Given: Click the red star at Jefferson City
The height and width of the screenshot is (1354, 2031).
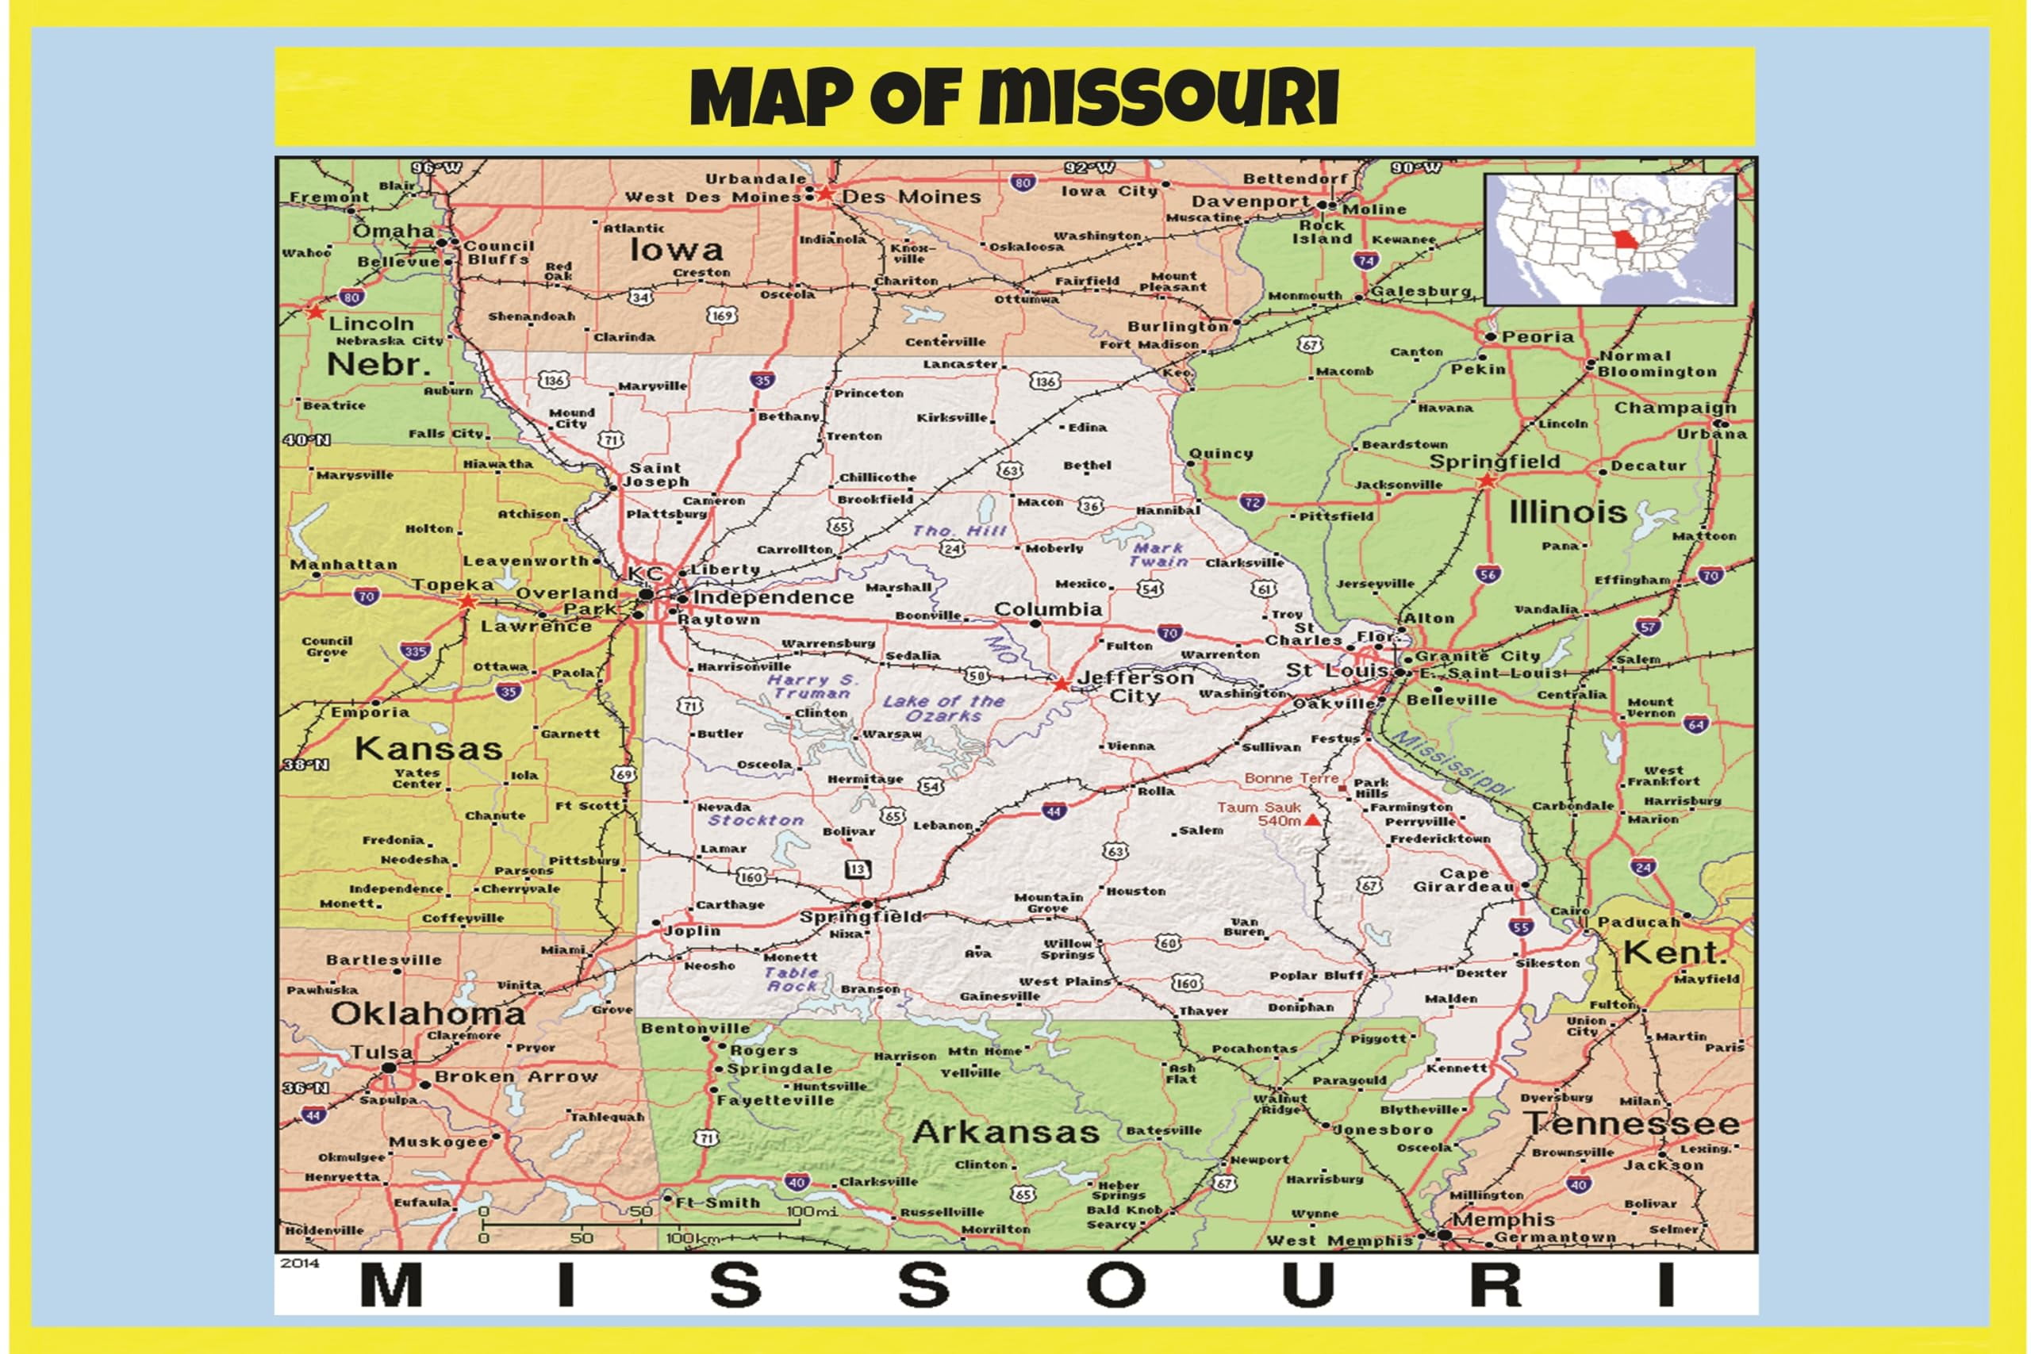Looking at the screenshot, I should [x=1062, y=684].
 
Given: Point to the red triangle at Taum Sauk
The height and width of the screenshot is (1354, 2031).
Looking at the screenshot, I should [x=1311, y=819].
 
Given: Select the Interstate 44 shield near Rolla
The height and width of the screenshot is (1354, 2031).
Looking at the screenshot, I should [x=1054, y=811].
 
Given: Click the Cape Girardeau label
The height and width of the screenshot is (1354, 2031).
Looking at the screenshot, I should [x=1463, y=880].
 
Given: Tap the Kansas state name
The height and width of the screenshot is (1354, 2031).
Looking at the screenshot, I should [x=428, y=748].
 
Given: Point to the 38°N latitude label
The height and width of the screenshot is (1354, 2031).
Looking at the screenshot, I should [x=305, y=764].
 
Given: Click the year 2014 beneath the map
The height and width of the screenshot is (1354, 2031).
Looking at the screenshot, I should [x=300, y=1263].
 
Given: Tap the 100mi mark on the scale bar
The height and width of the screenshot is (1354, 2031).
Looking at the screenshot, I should [x=812, y=1211].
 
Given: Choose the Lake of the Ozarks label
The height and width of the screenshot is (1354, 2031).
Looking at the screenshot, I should [x=943, y=708].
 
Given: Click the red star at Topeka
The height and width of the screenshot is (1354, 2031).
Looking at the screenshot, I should [x=467, y=601].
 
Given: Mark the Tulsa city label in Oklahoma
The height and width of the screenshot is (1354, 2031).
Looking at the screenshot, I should [x=381, y=1053].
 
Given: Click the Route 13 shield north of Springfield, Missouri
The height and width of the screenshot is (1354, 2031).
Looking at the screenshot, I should [x=858, y=869].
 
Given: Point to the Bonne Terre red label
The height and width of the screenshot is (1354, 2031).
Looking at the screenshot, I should [x=1291, y=778].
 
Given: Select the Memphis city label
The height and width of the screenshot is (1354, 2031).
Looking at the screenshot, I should [x=1503, y=1219].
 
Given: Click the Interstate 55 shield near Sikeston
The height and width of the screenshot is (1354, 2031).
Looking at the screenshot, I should [x=1521, y=927].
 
